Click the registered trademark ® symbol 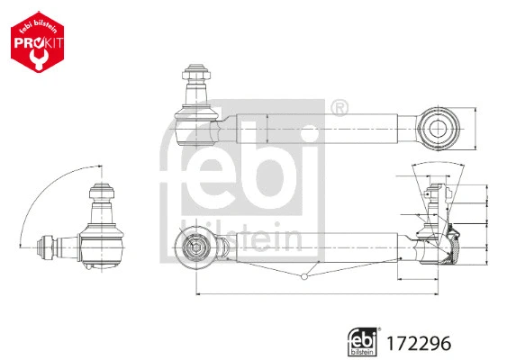tap(340, 110)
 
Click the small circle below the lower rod tap(306, 278)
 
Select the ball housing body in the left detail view tap(104, 240)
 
